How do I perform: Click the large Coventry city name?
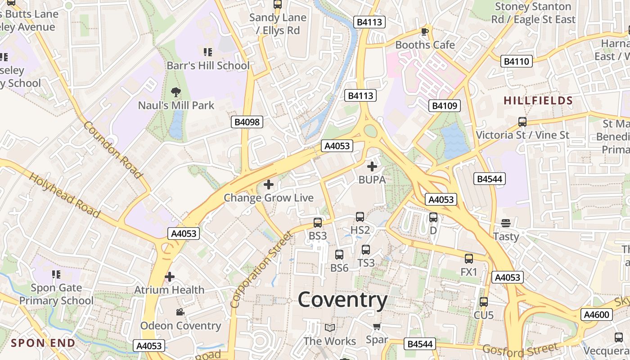click(x=342, y=300)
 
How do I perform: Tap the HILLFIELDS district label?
click(x=538, y=100)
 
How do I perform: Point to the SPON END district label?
click(x=43, y=343)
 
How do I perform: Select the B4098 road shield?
click(x=247, y=122)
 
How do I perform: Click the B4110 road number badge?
click(x=517, y=61)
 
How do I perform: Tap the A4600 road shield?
click(x=596, y=315)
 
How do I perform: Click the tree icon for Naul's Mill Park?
click(x=176, y=92)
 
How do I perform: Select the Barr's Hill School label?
click(x=208, y=66)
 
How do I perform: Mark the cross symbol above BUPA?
click(x=372, y=167)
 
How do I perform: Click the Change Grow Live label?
click(x=269, y=198)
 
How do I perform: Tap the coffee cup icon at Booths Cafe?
click(x=424, y=31)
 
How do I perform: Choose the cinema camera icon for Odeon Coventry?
click(x=180, y=312)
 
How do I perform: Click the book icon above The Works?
click(x=330, y=328)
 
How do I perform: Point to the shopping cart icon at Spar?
click(x=377, y=326)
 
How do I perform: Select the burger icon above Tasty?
click(x=506, y=223)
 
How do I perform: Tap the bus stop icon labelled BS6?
click(x=339, y=255)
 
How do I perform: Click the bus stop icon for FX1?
click(x=469, y=259)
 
